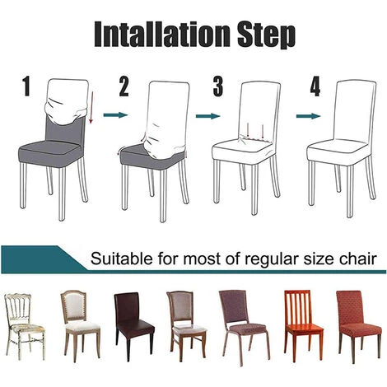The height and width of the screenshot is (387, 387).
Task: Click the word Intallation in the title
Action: click(x=162, y=35)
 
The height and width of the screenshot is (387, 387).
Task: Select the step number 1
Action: click(x=26, y=86)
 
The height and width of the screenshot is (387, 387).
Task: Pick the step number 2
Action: click(x=124, y=86)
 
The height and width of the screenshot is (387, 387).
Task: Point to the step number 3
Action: click(x=218, y=86)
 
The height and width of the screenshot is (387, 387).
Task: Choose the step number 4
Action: click(x=315, y=86)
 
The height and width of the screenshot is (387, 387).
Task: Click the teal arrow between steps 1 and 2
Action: click(x=115, y=114)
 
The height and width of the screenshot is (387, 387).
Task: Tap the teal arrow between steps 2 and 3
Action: click(x=208, y=116)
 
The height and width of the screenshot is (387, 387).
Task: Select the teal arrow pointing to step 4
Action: click(x=309, y=116)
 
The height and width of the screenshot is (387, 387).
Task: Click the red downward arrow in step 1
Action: click(x=92, y=107)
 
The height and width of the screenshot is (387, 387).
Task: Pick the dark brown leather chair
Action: click(x=134, y=326)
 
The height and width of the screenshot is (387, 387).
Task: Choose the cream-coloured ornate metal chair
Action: click(x=24, y=327)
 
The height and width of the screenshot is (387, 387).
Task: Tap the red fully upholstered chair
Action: click(x=358, y=327)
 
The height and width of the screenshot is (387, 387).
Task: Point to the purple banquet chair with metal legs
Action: click(x=244, y=328)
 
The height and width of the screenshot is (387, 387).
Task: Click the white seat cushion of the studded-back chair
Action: click(x=82, y=326)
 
